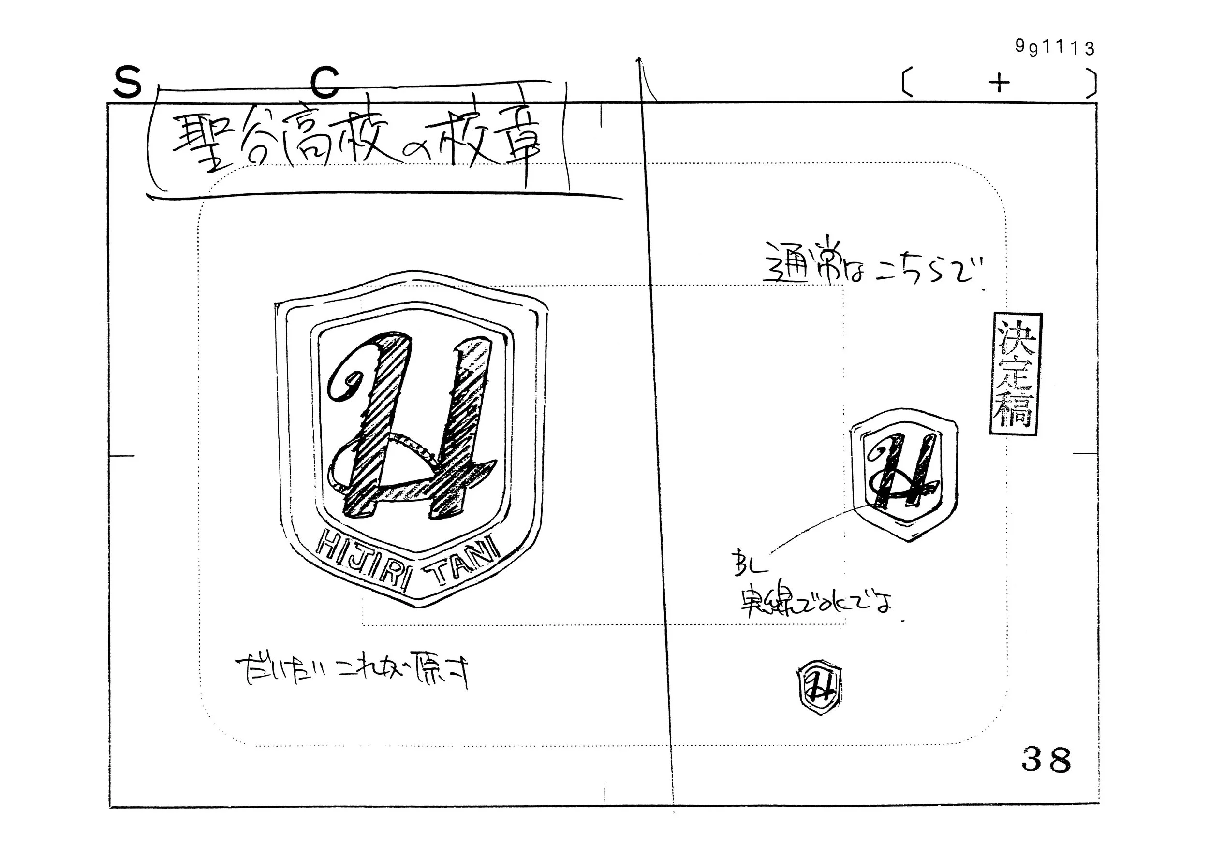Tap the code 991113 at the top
(x=1055, y=48)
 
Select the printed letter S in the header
(x=128, y=83)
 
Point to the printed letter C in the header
(x=325, y=83)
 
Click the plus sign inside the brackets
(x=999, y=83)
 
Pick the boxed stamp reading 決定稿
(x=1014, y=374)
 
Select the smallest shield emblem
(x=819, y=687)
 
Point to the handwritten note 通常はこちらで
(x=871, y=268)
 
